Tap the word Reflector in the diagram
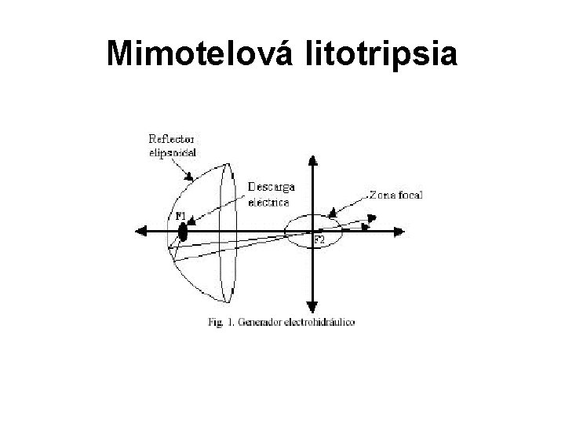click(x=171, y=138)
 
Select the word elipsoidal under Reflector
click(x=173, y=152)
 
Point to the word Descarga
click(x=272, y=188)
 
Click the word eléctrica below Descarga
click(x=268, y=200)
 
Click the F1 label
click(x=180, y=215)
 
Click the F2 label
click(x=319, y=239)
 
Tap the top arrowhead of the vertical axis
click(x=313, y=163)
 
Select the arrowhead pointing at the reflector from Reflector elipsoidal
click(x=189, y=178)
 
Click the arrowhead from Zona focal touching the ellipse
click(x=334, y=211)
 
